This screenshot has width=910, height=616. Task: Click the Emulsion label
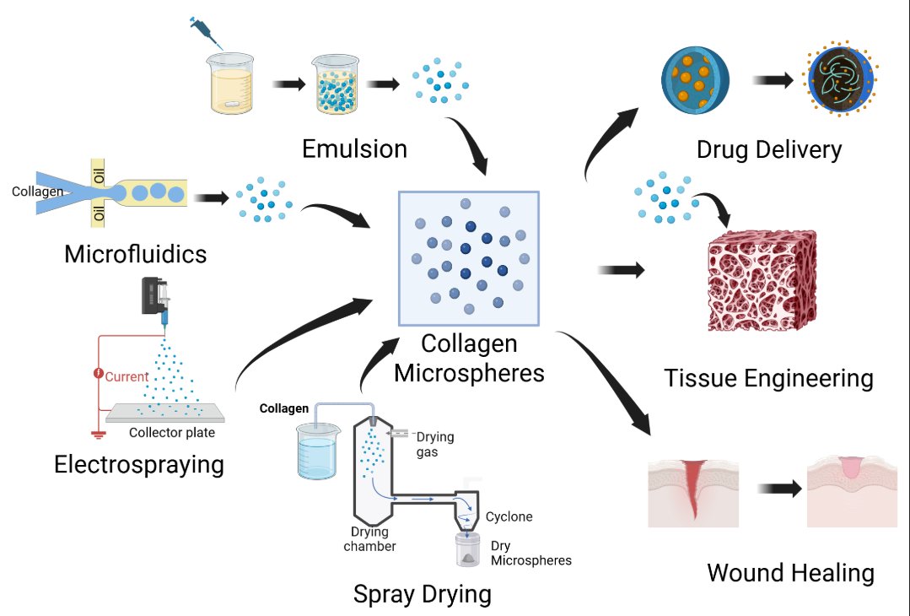tap(354, 149)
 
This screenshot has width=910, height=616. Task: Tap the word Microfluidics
tap(135, 253)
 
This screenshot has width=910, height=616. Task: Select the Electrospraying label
tap(139, 464)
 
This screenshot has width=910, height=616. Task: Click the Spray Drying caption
tap(422, 593)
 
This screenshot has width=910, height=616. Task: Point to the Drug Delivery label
tap(769, 150)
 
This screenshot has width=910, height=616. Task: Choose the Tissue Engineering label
tap(768, 377)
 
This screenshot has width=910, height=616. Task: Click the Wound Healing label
tap(790, 573)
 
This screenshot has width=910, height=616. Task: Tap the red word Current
tap(127, 377)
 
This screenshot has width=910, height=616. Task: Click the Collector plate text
tap(172, 433)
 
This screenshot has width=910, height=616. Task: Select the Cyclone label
tap(509, 516)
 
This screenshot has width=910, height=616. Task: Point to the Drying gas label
tap(436, 443)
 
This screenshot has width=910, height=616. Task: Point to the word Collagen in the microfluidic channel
tap(38, 192)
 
